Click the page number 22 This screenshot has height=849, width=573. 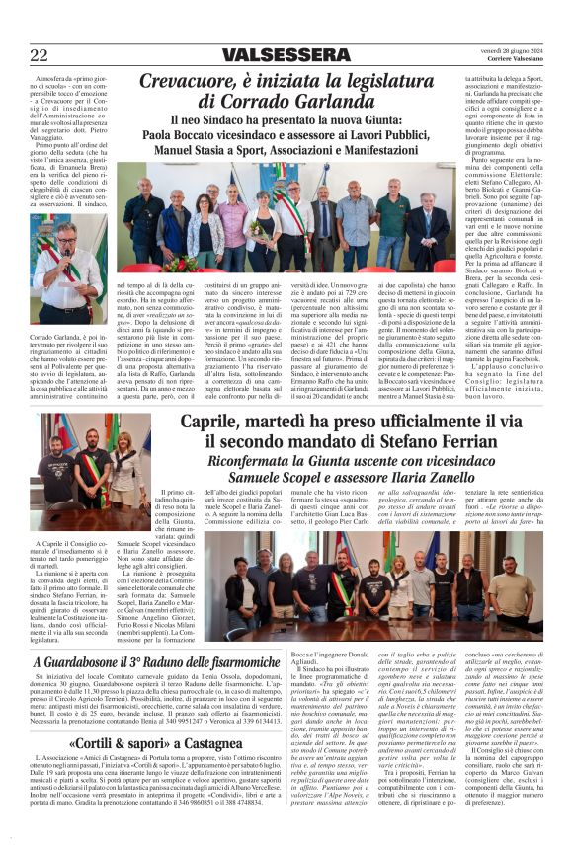[38, 54]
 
